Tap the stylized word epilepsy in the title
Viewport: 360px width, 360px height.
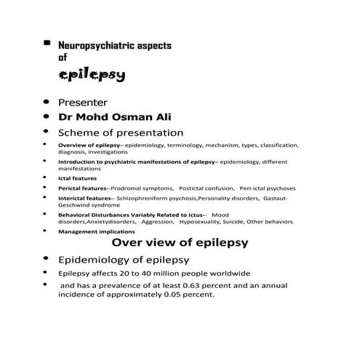(92, 75)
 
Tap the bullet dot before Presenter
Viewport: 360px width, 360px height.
(47, 103)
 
